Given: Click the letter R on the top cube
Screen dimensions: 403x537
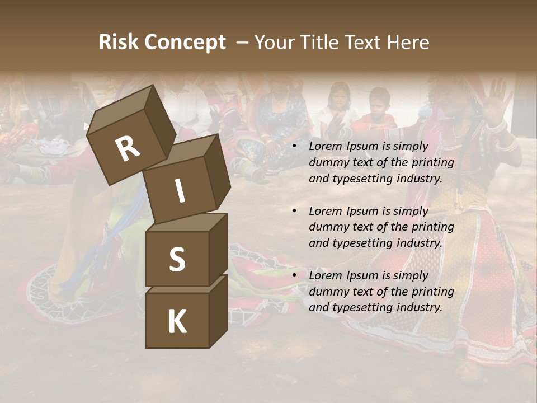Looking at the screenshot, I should pyautogui.click(x=128, y=148).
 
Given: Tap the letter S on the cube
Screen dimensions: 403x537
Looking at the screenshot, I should pyautogui.click(x=177, y=259).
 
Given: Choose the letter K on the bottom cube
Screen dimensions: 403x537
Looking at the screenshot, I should pyautogui.click(x=177, y=322).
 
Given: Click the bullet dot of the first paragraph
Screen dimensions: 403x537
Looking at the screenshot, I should pyautogui.click(x=294, y=147).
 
